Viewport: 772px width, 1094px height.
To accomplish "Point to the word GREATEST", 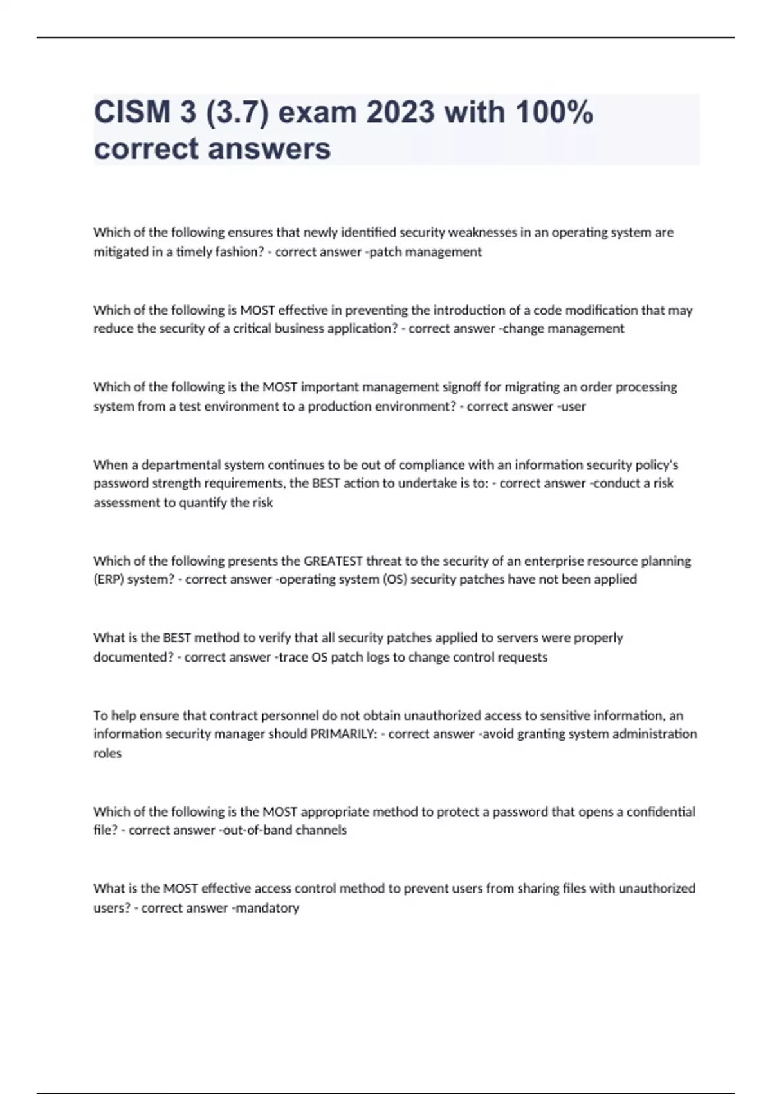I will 333,561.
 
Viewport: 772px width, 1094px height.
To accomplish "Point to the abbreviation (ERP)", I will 109,579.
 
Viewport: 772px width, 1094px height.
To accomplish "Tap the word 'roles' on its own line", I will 107,753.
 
